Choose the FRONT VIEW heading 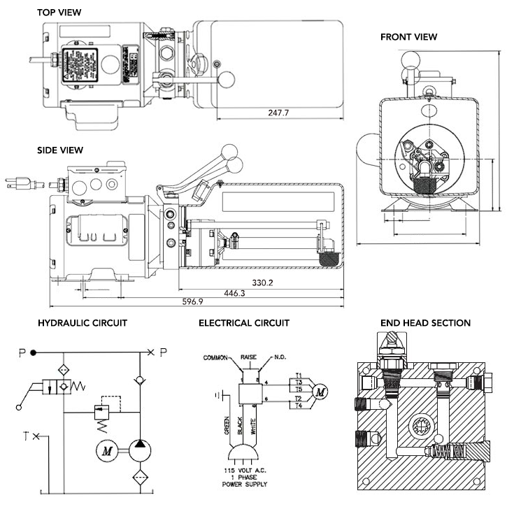(408, 37)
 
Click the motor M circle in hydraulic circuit (107, 451)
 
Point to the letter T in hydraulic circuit (27, 437)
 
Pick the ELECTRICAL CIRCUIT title (244, 323)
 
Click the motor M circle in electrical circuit (320, 392)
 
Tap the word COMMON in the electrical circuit (216, 357)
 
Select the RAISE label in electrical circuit (250, 356)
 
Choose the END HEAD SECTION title (425, 323)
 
